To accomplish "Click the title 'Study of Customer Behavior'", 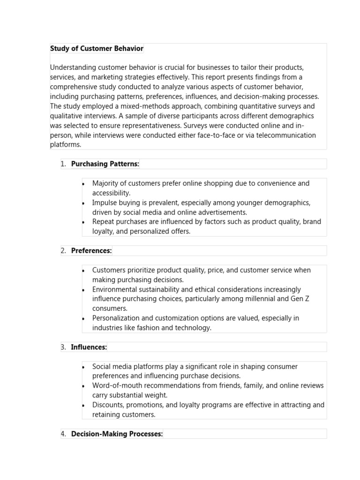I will pyautogui.click(x=97, y=49).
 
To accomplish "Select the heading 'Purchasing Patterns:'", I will pyautogui.click(x=105, y=164).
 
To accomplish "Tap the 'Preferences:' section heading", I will pyautogui.click(x=91, y=251).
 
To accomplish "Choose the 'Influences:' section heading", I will pyautogui.click(x=89, y=347).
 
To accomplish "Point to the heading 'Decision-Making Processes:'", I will pyautogui.click(x=117, y=434).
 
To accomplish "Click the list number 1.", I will pyautogui.click(x=63, y=164).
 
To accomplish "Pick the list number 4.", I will pyautogui.click(x=63, y=434).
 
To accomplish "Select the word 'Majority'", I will pyautogui.click(x=105, y=183).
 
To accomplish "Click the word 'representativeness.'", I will pyautogui.click(x=144, y=126).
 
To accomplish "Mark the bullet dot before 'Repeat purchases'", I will pyautogui.click(x=83, y=222).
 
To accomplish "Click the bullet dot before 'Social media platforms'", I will pyautogui.click(x=83, y=367).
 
